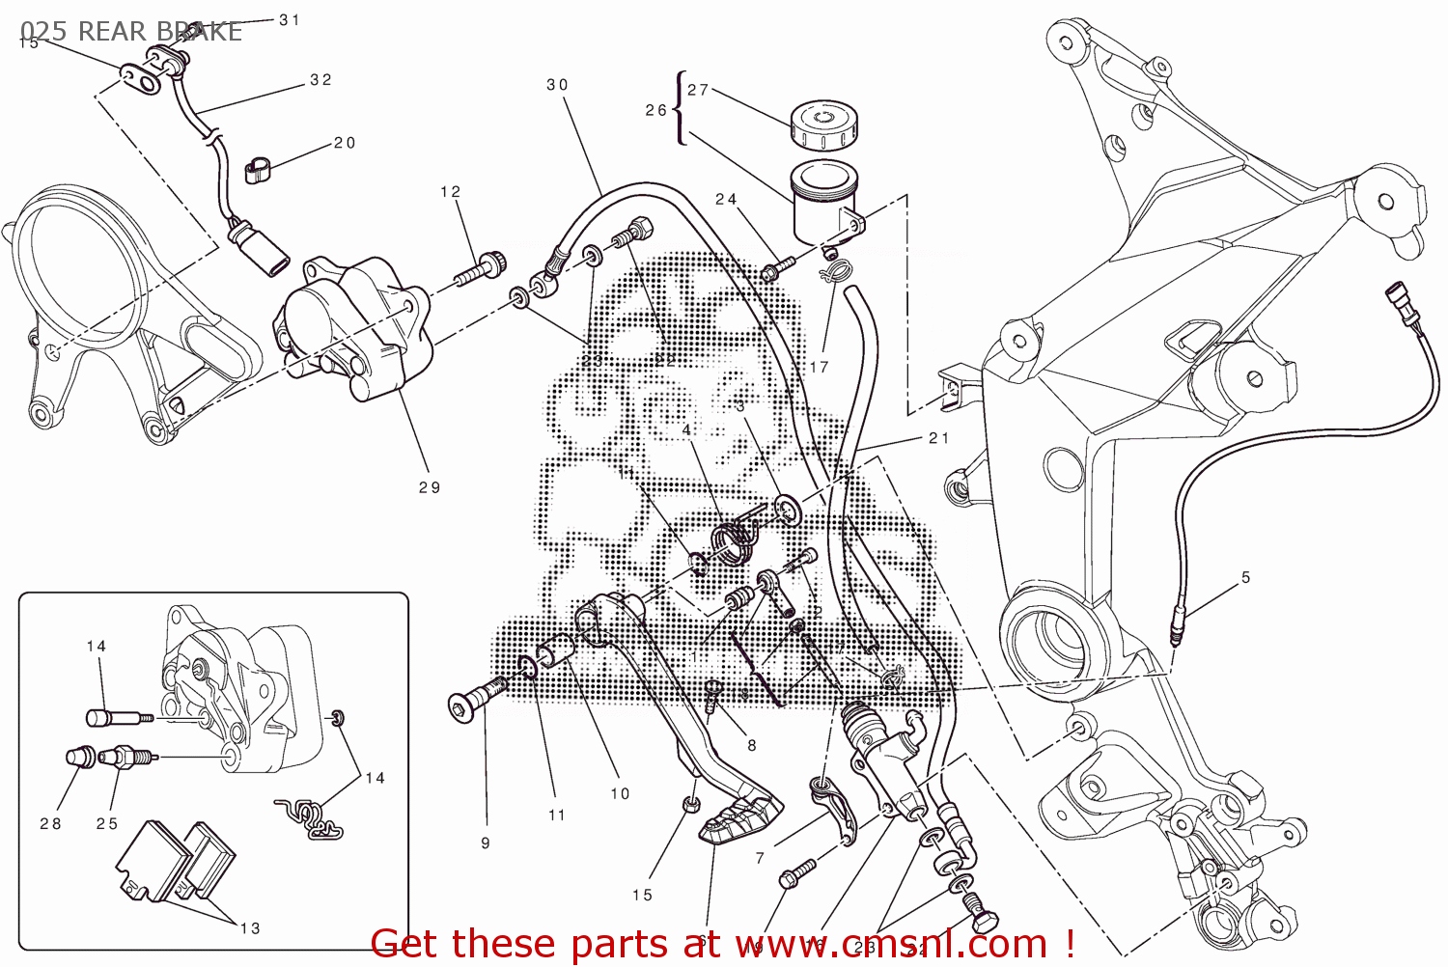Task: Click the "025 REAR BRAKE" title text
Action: (x=131, y=32)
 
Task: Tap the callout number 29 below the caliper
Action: (x=430, y=488)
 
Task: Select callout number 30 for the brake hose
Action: (x=557, y=85)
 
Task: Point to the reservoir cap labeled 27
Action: (x=823, y=125)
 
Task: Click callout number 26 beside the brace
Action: (x=655, y=111)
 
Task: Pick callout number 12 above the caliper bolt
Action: (x=451, y=192)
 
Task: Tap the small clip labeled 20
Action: (x=257, y=171)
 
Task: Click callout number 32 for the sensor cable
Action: (x=321, y=80)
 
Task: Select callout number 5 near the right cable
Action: (x=1245, y=578)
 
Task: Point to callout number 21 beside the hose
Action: (x=939, y=438)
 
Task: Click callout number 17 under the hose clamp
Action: (x=820, y=368)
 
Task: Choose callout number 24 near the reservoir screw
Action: (x=726, y=200)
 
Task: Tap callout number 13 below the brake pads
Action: (x=250, y=928)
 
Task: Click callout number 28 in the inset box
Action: (x=50, y=824)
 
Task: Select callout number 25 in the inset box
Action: (x=107, y=824)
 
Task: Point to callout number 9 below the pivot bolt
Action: (x=486, y=843)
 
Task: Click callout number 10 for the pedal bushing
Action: (x=620, y=794)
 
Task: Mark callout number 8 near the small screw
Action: (x=752, y=745)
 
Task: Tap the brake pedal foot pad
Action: (x=739, y=819)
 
